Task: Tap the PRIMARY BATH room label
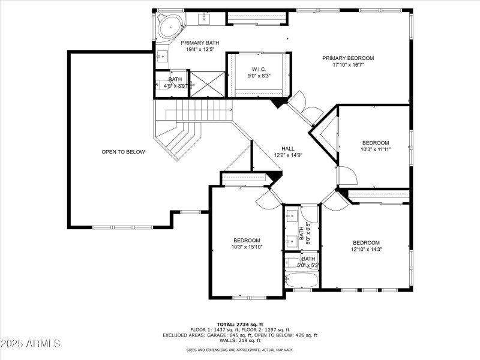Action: click(200, 43)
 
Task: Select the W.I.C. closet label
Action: click(259, 70)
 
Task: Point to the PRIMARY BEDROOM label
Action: click(347, 58)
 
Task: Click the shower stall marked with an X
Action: click(207, 84)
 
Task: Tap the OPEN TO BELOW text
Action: click(123, 152)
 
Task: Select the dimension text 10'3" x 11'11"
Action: click(376, 149)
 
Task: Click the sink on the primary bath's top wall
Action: click(203, 19)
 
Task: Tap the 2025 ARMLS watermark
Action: click(30, 344)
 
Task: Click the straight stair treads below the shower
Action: click(198, 110)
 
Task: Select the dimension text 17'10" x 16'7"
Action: click(347, 65)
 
